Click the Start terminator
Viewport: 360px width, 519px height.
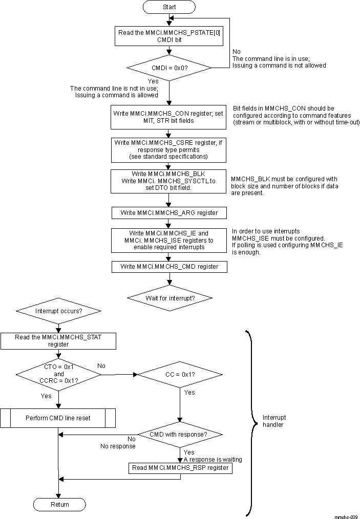point(169,7)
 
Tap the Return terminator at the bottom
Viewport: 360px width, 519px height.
point(59,504)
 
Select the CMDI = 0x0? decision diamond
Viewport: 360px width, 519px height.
point(169,67)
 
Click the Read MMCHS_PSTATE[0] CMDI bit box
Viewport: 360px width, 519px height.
point(169,35)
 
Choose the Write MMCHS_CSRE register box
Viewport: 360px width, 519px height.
point(169,149)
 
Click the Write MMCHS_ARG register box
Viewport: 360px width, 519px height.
point(169,212)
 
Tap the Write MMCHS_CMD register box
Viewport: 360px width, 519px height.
point(169,266)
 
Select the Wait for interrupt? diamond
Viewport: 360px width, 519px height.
point(169,298)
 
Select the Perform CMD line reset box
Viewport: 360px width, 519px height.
point(58,418)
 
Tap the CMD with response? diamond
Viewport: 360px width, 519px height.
point(179,435)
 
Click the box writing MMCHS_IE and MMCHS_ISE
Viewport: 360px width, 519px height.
point(169,240)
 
